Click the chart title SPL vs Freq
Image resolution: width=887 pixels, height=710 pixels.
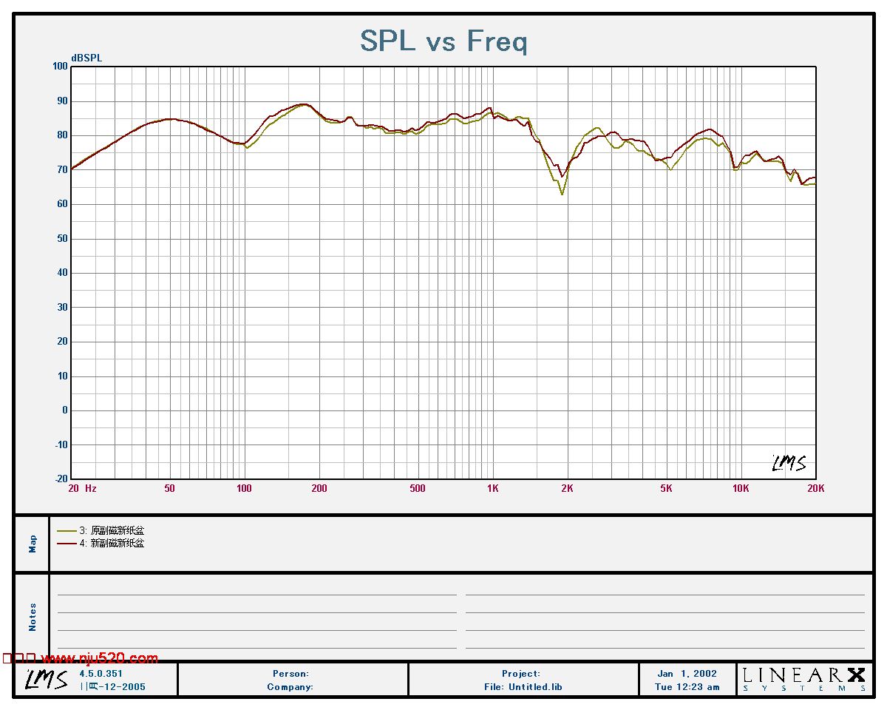coord(443,41)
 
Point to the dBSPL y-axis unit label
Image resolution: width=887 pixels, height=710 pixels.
coord(86,58)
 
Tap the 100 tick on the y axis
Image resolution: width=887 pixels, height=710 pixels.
coord(59,67)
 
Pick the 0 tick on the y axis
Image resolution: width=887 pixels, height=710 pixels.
coord(65,410)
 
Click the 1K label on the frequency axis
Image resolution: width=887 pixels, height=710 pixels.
coord(493,488)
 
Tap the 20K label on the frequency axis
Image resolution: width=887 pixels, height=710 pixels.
coord(815,488)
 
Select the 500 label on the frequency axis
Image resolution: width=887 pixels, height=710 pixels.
coord(418,488)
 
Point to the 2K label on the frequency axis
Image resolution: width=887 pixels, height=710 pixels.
coord(567,488)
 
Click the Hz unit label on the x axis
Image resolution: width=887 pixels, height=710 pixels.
coord(91,488)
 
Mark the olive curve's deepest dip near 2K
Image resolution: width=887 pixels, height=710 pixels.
coord(563,195)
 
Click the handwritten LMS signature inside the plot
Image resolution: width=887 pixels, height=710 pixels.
coord(789,463)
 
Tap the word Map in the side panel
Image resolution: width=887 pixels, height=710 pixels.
coord(33,544)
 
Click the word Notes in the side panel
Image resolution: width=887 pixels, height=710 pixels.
coord(33,618)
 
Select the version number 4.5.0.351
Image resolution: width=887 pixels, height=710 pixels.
coord(101,674)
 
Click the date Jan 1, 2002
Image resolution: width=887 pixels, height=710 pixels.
coord(687,674)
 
